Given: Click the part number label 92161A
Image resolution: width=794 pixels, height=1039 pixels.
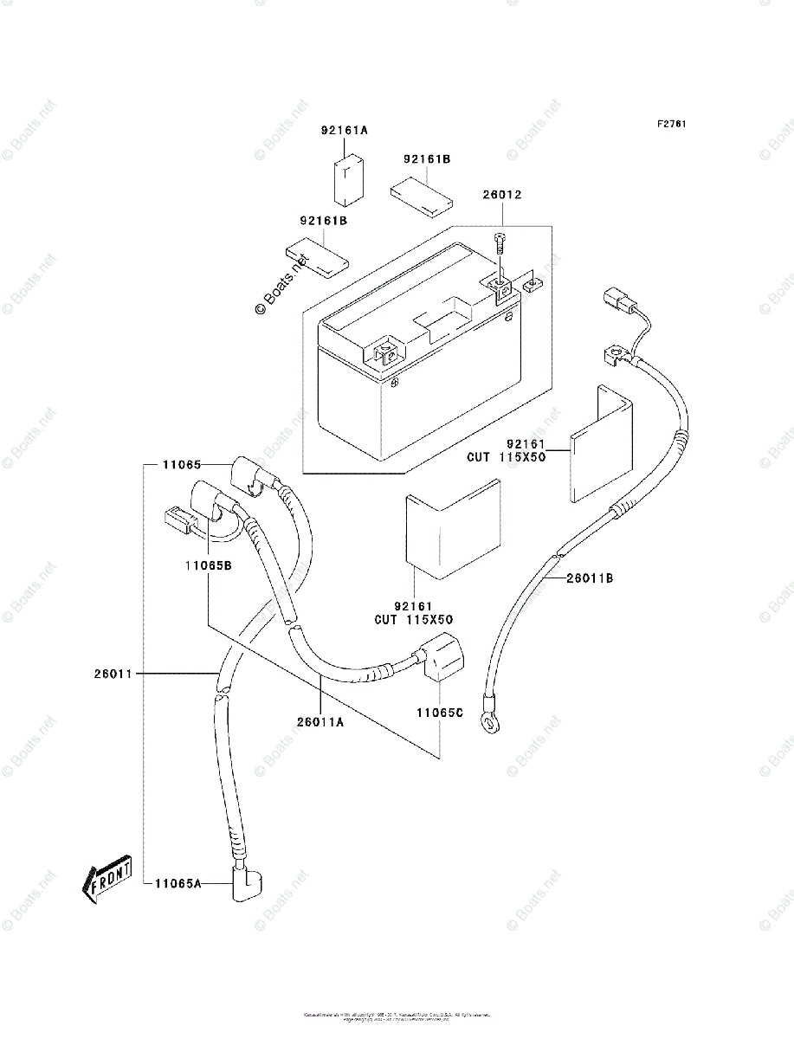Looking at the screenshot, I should [x=345, y=131].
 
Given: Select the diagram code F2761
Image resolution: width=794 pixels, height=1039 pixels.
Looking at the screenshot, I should [x=671, y=124].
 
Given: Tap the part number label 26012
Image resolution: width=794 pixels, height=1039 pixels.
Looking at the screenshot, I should [x=502, y=196].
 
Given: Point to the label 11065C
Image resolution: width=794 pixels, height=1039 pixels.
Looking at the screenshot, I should [x=440, y=713].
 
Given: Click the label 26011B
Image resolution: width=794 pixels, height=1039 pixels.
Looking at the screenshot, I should [x=590, y=578].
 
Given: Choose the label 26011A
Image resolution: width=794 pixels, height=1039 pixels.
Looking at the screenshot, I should [x=320, y=721].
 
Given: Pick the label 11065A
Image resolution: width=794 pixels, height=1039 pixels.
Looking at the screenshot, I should [x=178, y=883].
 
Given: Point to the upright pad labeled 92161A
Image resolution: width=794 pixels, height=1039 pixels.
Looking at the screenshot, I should [x=349, y=178].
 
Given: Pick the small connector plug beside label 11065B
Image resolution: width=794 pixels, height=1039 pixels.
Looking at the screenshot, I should [x=178, y=520].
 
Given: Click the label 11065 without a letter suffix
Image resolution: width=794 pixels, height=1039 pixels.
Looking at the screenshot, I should [x=181, y=465].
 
